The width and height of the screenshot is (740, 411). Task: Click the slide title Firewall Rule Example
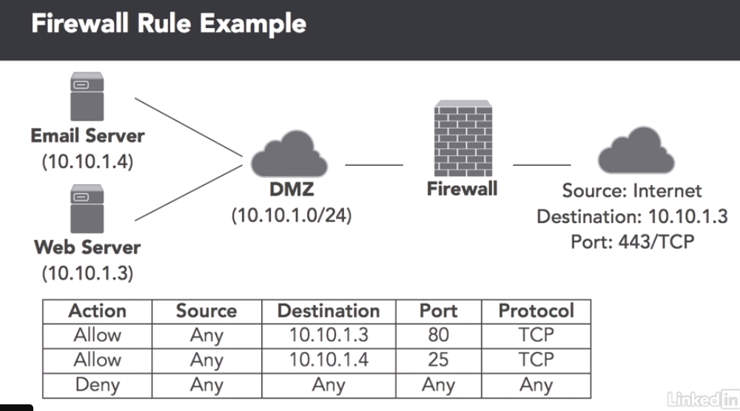(x=169, y=24)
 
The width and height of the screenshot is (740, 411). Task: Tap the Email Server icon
(x=87, y=97)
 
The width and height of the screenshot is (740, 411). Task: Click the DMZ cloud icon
(x=289, y=156)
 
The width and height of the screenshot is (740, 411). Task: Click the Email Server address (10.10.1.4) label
(x=87, y=161)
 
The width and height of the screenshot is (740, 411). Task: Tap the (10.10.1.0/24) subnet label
(x=291, y=215)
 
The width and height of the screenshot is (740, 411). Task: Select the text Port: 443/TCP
(x=632, y=241)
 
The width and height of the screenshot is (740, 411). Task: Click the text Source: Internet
(x=632, y=191)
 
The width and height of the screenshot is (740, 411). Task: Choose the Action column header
(x=97, y=311)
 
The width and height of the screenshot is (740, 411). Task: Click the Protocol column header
(x=536, y=311)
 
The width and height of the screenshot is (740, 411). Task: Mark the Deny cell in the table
(x=97, y=384)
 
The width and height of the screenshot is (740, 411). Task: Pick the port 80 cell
(x=438, y=335)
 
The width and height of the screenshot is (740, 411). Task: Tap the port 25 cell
(x=438, y=360)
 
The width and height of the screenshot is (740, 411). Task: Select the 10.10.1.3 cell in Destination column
(x=329, y=335)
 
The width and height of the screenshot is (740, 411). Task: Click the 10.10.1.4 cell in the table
(x=329, y=360)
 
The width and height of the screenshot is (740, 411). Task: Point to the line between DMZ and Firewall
(x=374, y=164)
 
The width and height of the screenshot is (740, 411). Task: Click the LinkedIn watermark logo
(x=702, y=399)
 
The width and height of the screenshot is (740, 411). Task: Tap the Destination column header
(x=329, y=311)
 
